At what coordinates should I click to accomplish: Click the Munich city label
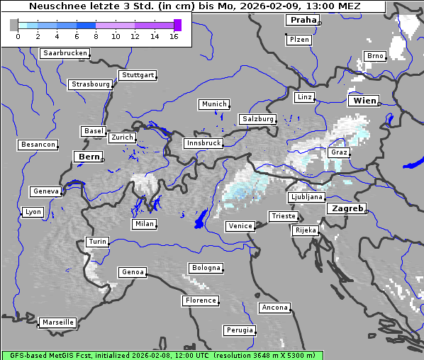coord(213,104)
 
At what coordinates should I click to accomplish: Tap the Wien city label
coord(364,101)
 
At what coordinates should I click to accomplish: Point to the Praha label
coord(302,20)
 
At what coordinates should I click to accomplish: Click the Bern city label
coord(89,157)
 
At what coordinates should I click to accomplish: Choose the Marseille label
coord(57,322)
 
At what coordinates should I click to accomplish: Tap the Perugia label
coord(239,330)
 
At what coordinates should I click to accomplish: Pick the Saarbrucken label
coord(65,53)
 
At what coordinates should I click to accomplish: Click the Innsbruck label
coord(203,143)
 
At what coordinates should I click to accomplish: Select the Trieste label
coord(282,216)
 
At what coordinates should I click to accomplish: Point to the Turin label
coord(97,242)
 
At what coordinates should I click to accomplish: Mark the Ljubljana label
coord(306,197)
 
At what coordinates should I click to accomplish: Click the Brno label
coord(374,56)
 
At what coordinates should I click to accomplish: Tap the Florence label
coord(200,300)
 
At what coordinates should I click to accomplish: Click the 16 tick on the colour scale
coord(174,35)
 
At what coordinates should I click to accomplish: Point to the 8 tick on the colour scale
coord(96,35)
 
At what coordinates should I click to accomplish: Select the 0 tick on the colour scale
coord(18,35)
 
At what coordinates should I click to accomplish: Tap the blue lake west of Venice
coord(201,219)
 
